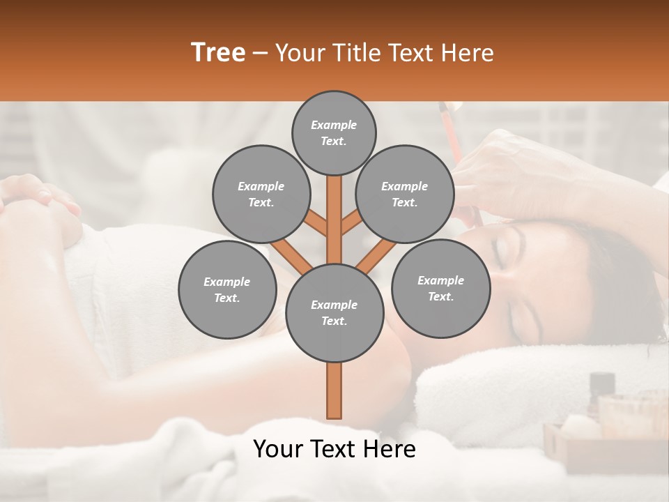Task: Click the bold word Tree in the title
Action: point(218,53)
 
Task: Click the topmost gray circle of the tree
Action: point(334,132)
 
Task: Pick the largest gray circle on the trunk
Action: point(334,313)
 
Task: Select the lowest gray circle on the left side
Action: point(227,289)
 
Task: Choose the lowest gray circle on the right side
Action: point(440,288)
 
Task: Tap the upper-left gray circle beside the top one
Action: point(261,194)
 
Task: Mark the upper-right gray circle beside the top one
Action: point(405,194)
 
